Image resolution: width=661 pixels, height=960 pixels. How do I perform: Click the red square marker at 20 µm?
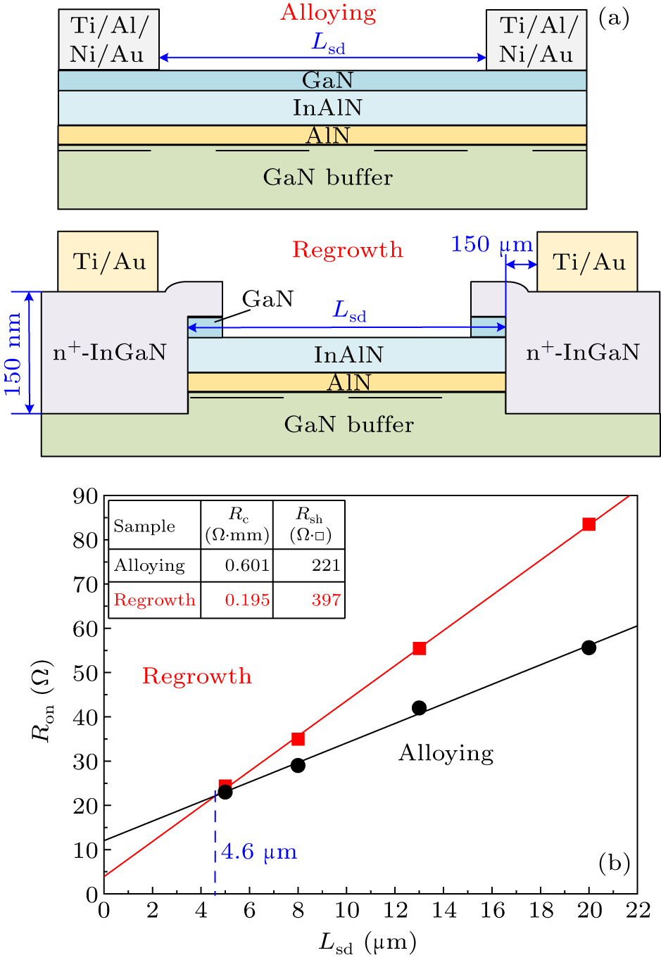click(589, 524)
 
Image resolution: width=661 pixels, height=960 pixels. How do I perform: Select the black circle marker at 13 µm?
click(419, 708)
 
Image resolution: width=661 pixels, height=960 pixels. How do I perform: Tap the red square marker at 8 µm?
click(298, 739)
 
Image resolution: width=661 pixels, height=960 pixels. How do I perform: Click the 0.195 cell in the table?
click(247, 600)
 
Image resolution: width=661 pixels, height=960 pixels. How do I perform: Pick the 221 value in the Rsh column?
click(326, 565)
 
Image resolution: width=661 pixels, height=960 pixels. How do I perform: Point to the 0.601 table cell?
click(247, 565)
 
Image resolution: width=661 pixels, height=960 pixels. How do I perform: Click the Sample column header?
click(144, 526)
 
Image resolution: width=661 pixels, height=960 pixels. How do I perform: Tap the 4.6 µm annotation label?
click(259, 852)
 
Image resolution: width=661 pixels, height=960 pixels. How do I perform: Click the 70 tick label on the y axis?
click(85, 584)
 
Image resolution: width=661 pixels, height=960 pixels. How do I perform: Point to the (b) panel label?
click(614, 863)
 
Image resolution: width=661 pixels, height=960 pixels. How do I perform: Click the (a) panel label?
click(614, 18)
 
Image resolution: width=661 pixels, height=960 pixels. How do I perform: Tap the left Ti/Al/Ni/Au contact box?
click(109, 39)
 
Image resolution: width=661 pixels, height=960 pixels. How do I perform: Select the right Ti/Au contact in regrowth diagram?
click(588, 262)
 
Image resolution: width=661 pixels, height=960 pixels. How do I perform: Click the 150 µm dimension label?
click(491, 244)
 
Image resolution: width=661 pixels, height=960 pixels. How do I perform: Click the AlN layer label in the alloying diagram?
click(327, 135)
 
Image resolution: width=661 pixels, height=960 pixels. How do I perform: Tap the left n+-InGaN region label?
click(110, 352)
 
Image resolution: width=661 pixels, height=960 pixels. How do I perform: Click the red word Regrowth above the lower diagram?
click(348, 250)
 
